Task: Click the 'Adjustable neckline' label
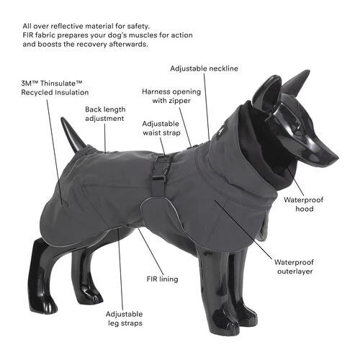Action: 204,68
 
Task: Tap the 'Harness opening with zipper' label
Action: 171,96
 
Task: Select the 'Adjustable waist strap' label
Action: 161,128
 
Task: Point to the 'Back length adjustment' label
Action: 105,114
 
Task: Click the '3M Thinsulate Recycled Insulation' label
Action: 55,88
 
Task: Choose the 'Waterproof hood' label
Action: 304,204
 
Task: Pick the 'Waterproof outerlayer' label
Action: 294,266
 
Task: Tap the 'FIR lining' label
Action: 163,279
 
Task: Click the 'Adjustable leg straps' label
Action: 125,318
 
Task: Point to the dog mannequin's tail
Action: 73,135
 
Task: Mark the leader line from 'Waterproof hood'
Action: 294,181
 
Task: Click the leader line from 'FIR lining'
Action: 151,251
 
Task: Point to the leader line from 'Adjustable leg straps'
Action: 120,269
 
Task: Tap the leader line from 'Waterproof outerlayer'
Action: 243,230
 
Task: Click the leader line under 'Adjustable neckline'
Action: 207,107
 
